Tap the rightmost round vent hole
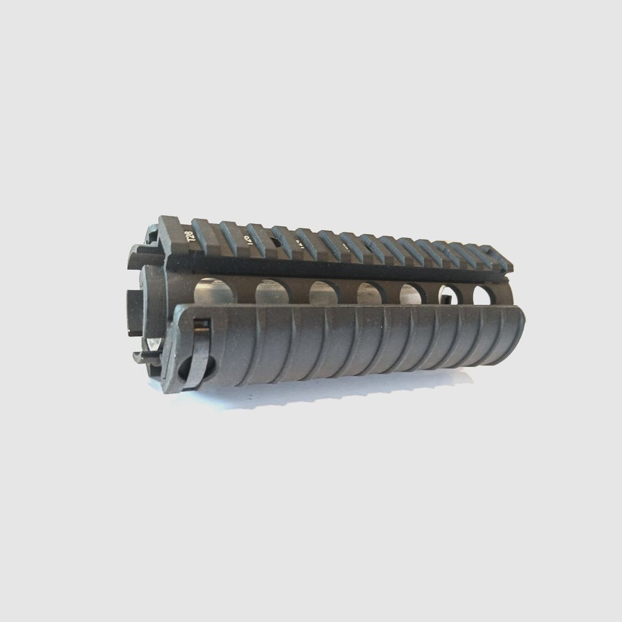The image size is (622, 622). click(x=483, y=294)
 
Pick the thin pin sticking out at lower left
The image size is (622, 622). click(x=141, y=357)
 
